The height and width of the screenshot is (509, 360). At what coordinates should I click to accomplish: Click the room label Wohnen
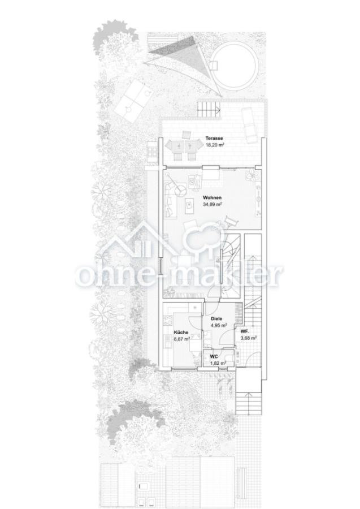point(212,197)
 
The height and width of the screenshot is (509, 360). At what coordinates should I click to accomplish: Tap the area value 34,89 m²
point(212,205)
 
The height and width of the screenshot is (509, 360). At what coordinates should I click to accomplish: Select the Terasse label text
point(214,139)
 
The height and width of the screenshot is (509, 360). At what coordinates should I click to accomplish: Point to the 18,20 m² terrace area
point(215,145)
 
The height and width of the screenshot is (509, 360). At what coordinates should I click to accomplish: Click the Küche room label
point(181,333)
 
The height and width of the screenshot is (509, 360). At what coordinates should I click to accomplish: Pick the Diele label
point(216,319)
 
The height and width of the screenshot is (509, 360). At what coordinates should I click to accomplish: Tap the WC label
point(214,357)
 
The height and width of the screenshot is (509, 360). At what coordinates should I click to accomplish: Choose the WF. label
point(245,331)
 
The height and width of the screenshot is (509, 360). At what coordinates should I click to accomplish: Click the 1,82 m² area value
point(218,363)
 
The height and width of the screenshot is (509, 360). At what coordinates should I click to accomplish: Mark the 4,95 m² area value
point(219,325)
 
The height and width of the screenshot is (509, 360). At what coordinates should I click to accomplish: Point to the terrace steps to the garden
point(209,109)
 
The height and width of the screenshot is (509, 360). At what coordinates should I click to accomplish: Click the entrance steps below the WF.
point(249,403)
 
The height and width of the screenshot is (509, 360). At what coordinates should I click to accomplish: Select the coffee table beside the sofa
point(188,206)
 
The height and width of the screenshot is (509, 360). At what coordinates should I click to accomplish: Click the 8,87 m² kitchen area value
point(182,339)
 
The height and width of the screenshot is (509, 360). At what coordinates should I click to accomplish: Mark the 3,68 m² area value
point(249,338)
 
